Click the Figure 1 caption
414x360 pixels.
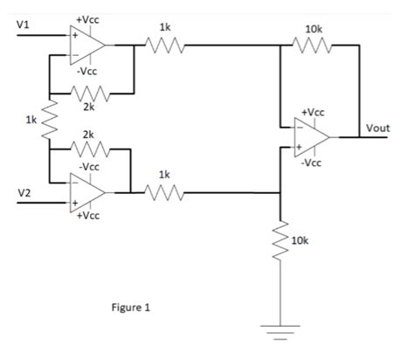[131, 308]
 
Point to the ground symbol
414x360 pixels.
[280, 331]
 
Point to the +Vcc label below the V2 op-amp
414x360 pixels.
[86, 214]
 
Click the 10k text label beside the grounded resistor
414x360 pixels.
[300, 239]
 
